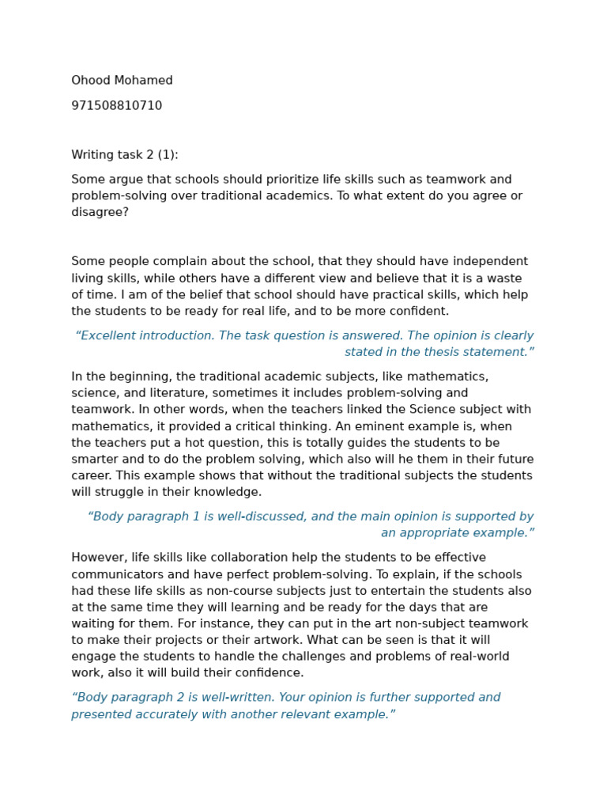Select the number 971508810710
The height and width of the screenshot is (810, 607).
117,106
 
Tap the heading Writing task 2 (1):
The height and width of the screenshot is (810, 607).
125,155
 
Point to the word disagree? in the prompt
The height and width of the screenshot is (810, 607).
100,213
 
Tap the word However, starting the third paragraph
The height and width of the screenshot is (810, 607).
99,558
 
